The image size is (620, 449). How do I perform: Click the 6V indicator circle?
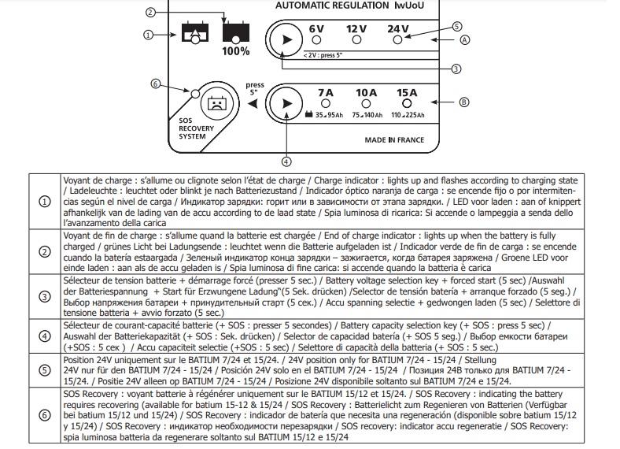click(316, 40)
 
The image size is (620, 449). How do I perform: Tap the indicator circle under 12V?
click(356, 40)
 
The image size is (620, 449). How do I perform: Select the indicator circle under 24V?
click(398, 40)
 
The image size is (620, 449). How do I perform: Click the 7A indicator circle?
click(326, 104)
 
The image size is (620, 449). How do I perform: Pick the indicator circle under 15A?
click(407, 104)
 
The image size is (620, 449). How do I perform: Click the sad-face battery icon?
click(216, 104)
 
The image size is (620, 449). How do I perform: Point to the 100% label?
click(236, 51)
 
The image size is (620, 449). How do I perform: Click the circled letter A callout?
click(464, 40)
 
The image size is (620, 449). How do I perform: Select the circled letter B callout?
click(463, 102)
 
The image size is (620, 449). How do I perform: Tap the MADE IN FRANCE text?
click(394, 140)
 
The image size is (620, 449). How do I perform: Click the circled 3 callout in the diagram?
click(456, 69)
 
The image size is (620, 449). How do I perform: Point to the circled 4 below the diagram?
click(286, 161)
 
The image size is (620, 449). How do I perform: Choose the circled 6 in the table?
click(45, 415)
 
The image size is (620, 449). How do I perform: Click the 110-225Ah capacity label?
click(408, 115)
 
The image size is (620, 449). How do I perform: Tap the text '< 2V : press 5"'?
click(323, 55)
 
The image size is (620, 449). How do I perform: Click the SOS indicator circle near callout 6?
click(195, 94)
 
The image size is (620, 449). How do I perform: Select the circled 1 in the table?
click(45, 202)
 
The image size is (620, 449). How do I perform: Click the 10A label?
click(366, 93)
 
